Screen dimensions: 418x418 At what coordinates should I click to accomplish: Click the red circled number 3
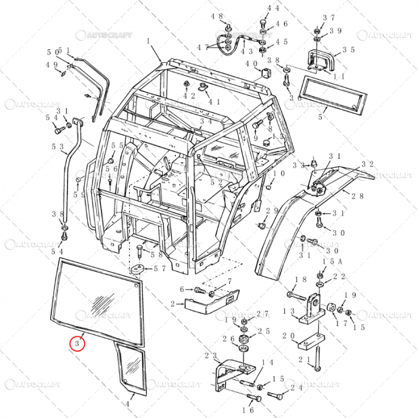pyautogui.click(x=78, y=345)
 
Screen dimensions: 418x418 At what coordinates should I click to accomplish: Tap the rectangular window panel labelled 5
pyautogui.click(x=333, y=94)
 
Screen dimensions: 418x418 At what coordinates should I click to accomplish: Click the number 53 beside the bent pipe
pyautogui.click(x=58, y=146)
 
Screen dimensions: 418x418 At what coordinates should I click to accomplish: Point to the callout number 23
pyautogui.click(x=211, y=356)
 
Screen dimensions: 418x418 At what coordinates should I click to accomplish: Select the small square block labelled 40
pyautogui.click(x=266, y=73)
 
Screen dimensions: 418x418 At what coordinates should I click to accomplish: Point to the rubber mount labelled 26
pyautogui.click(x=244, y=340)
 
